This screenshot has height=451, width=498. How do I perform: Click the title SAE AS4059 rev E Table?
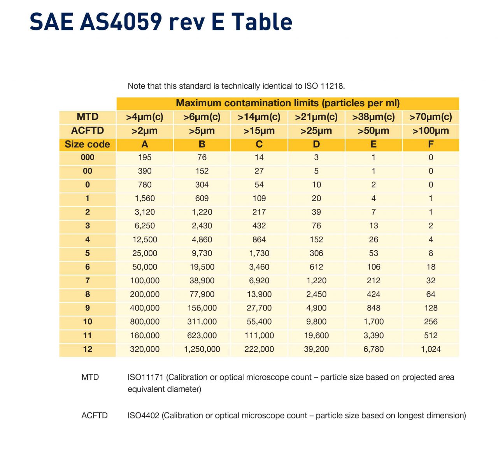click(161, 22)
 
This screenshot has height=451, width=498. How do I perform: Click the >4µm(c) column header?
click(145, 117)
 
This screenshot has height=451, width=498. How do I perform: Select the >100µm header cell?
click(430, 131)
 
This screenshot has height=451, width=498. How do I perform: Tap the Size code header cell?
click(87, 144)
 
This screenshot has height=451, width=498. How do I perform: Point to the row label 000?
click(88, 157)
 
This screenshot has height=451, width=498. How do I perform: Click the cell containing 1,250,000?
click(202, 349)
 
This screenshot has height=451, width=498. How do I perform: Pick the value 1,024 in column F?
click(431, 349)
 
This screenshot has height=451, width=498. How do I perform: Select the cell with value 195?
click(145, 157)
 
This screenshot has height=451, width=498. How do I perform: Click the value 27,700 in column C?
click(259, 308)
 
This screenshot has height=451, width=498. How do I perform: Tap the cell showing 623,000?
click(202, 335)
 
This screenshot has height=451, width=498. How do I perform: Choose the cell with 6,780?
click(373, 349)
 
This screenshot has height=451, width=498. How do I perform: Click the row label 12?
click(88, 349)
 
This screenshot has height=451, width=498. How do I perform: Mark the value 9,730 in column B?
click(202, 253)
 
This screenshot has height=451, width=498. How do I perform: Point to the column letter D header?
click(316, 144)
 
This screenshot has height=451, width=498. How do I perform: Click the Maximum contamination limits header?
click(288, 103)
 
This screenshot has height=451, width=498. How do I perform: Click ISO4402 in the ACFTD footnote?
click(144, 416)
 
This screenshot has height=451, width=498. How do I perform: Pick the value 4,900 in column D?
click(316, 308)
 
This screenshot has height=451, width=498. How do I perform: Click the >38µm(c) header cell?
click(373, 117)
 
